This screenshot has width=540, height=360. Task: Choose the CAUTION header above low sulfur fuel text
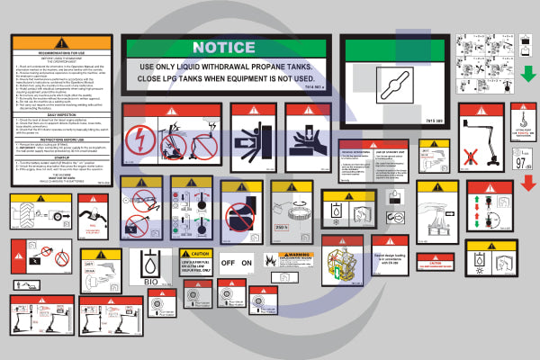click(194, 255)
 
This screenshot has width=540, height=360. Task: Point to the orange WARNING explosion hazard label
click(296, 255)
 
